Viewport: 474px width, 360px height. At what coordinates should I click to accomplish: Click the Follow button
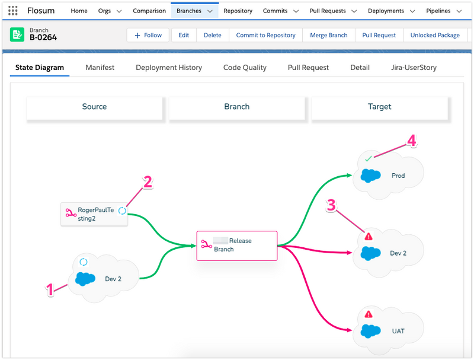[148, 35]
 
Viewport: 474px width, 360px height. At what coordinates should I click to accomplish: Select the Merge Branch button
[329, 35]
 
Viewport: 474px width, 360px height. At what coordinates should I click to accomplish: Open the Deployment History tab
[169, 68]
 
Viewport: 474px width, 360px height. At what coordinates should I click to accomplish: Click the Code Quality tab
[245, 68]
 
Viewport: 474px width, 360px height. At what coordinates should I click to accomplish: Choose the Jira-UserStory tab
[414, 68]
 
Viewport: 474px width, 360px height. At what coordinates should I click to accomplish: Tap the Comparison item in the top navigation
[149, 11]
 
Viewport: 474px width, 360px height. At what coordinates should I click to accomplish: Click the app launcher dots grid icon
[12, 11]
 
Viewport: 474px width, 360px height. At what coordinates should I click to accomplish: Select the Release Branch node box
[237, 246]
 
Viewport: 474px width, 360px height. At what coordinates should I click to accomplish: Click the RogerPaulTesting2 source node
[94, 214]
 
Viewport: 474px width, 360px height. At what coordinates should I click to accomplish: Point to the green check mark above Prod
[368, 158]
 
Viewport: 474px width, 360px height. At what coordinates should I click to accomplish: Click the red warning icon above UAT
[369, 314]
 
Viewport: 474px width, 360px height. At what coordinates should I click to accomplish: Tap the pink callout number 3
[331, 205]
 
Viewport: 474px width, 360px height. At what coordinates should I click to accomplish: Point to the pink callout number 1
[50, 289]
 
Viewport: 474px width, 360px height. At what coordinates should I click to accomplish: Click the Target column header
[379, 107]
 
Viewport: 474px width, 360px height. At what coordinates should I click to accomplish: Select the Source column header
[94, 107]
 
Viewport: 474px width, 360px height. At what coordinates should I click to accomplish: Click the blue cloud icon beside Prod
[371, 176]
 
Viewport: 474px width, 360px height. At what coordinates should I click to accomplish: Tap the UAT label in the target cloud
[398, 331]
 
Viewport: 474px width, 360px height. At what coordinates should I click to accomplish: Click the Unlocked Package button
[435, 35]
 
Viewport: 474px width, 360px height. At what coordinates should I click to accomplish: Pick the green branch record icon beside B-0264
[17, 34]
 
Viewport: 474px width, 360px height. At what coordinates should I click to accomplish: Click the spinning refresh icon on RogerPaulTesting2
[122, 211]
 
